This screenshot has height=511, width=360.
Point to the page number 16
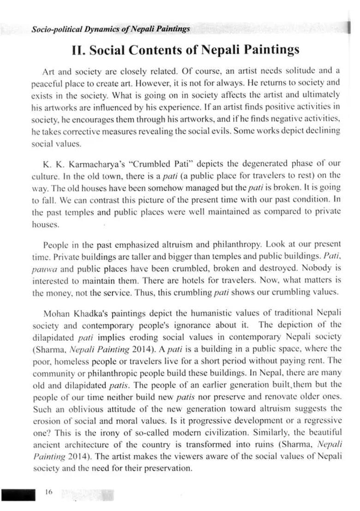click(49, 492)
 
